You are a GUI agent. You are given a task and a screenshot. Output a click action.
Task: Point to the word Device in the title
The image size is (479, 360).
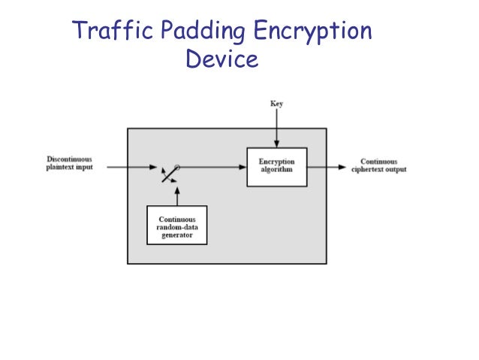point(221,59)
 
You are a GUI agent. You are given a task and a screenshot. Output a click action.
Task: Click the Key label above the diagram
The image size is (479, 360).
point(276,104)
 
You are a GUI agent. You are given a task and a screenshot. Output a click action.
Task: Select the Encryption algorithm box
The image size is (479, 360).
point(276,167)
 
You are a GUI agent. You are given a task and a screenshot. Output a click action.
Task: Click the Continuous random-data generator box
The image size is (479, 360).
point(176,225)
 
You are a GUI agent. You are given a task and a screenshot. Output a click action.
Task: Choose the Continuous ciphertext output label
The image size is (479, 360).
point(378,165)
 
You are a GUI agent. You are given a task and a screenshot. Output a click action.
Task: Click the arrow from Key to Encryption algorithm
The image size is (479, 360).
point(276,128)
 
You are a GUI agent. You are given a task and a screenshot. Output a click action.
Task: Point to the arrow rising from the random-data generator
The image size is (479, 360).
point(177,195)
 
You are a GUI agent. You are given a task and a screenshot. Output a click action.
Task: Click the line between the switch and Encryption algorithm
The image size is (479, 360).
point(214,167)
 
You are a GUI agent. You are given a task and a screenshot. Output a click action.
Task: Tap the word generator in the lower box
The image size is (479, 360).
point(176,235)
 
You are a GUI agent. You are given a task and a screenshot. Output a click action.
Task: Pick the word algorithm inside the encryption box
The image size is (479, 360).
point(276,171)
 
